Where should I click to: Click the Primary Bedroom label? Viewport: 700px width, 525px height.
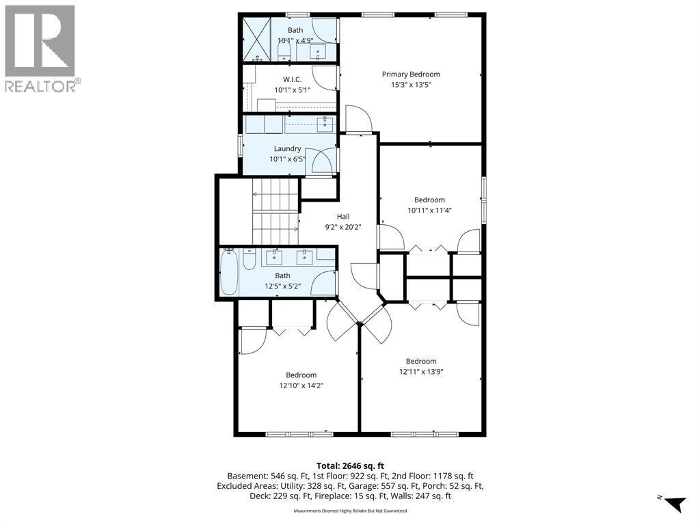point(411,74)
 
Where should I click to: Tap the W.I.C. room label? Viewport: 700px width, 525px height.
point(292,79)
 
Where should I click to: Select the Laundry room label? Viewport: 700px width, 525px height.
point(287,148)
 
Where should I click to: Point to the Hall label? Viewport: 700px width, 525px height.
point(343,217)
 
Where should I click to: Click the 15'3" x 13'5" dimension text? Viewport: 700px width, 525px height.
point(411,85)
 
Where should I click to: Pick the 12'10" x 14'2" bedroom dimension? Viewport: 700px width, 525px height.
point(301,386)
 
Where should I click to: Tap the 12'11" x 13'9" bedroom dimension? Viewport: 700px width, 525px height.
point(421,372)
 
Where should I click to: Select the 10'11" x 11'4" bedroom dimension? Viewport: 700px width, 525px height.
point(429,211)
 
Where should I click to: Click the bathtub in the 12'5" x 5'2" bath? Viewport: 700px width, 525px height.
point(229,272)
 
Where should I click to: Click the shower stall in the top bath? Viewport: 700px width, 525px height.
point(258,39)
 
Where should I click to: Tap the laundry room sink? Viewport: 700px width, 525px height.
point(325,124)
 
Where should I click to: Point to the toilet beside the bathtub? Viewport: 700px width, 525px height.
point(250,259)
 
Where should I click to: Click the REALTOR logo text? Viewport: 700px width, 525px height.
point(40,86)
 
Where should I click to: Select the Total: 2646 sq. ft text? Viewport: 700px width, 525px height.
point(350,466)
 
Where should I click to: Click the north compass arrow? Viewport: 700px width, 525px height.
point(675,504)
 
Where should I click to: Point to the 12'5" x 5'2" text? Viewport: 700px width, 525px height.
point(282,286)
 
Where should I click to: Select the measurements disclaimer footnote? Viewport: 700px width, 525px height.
point(350,511)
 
